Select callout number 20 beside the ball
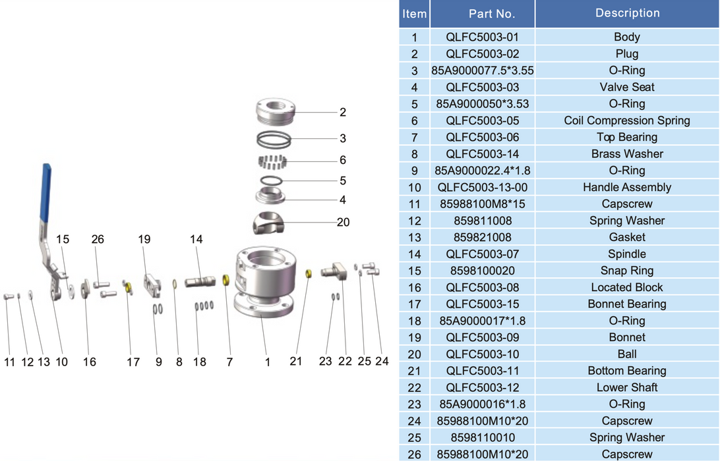pyautogui.click(x=343, y=222)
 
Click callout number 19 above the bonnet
pyautogui.click(x=144, y=240)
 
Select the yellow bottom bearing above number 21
pyautogui.click(x=309, y=273)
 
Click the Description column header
pyautogui.click(x=627, y=13)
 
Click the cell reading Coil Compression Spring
pyautogui.click(x=627, y=121)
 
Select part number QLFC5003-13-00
pyautogui.click(x=482, y=187)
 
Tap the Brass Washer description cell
pyautogui.click(x=627, y=153)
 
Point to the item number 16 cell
pyautogui.click(x=414, y=287)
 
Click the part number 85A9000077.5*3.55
pyautogui.click(x=482, y=70)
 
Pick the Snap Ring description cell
pyautogui.click(x=627, y=271)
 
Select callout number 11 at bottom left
pyautogui.click(x=9, y=362)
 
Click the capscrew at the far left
pyautogui.click(x=8, y=296)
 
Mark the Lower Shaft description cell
pyautogui.click(x=627, y=387)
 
